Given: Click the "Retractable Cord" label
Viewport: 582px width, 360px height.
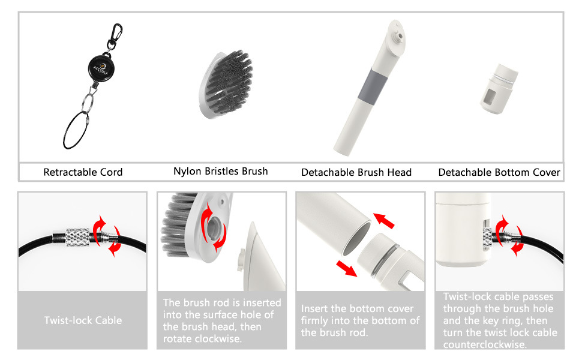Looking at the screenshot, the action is [x=83, y=172].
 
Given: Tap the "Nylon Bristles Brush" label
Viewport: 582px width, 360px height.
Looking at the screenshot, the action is [x=220, y=171].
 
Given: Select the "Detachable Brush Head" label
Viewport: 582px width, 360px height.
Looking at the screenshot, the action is [x=356, y=172].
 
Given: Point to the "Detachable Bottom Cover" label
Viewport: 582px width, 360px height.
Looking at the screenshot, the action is [x=499, y=172].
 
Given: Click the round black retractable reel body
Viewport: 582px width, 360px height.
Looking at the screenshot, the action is [x=101, y=68].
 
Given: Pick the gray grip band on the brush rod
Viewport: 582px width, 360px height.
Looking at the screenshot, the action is [x=373, y=86].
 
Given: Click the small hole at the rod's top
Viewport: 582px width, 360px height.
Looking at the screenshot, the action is [x=400, y=36].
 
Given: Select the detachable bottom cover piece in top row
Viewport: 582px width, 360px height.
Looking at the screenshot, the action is [x=499, y=89].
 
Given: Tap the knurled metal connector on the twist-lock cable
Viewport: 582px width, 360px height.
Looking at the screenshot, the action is [x=78, y=237].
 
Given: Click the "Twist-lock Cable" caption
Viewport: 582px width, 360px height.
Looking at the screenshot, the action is [x=83, y=320].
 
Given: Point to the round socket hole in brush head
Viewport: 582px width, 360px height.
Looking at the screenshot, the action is [x=214, y=227].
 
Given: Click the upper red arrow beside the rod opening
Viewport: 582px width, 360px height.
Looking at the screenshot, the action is [x=383, y=220].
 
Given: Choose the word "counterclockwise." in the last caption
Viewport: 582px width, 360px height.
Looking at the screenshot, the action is [x=485, y=344].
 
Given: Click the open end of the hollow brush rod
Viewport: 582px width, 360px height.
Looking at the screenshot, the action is [x=356, y=238].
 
